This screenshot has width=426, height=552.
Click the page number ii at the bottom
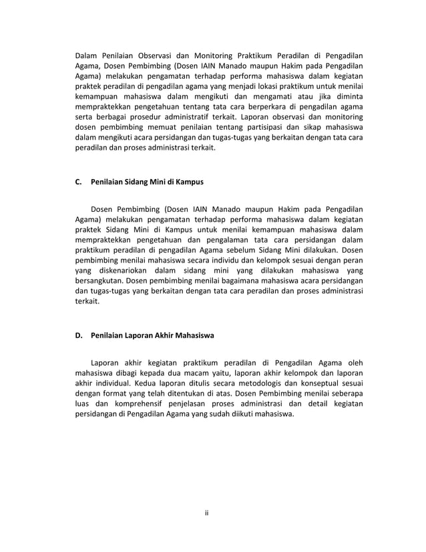pyautogui.click(x=207, y=513)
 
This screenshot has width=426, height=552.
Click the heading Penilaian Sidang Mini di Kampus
pyautogui.click(x=147, y=181)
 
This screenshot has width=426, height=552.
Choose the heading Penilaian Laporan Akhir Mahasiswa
pyautogui.click(x=152, y=335)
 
